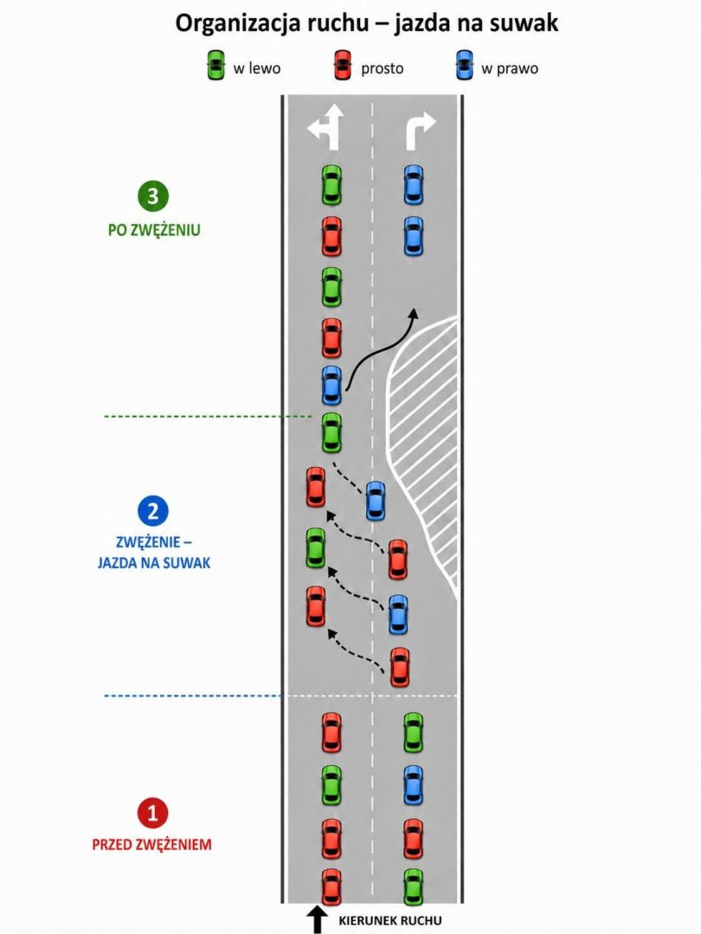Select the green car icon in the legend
click(215, 65)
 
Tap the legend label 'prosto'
click(383, 68)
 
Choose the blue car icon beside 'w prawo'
click(465, 65)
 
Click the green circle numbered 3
click(153, 196)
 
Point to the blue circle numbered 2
click(153, 511)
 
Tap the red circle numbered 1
click(153, 812)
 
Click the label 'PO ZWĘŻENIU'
click(154, 230)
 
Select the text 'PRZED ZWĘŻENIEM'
click(152, 844)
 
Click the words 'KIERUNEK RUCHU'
click(390, 920)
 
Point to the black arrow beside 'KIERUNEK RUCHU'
click(317, 919)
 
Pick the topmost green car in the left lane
click(332, 184)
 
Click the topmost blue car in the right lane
click(414, 184)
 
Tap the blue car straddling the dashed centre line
click(375, 501)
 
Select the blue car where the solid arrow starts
click(332, 385)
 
